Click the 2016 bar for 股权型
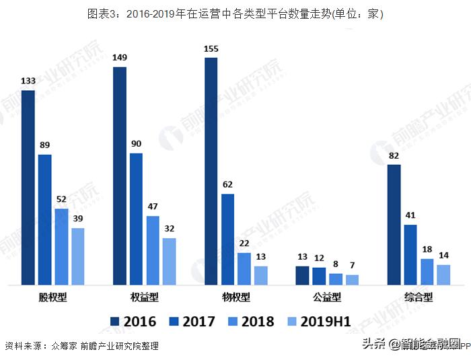click(x=28, y=188)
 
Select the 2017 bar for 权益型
click(x=136, y=219)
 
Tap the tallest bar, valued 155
click(x=211, y=172)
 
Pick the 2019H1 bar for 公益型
click(x=352, y=280)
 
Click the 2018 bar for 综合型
click(x=427, y=272)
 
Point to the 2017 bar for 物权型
click(x=227, y=240)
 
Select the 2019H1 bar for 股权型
click(x=78, y=256)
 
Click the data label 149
click(x=120, y=57)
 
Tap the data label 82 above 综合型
click(x=394, y=156)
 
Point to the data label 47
click(x=153, y=207)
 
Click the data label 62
click(x=227, y=185)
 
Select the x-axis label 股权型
click(x=53, y=297)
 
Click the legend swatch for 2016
click(x=114, y=321)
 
